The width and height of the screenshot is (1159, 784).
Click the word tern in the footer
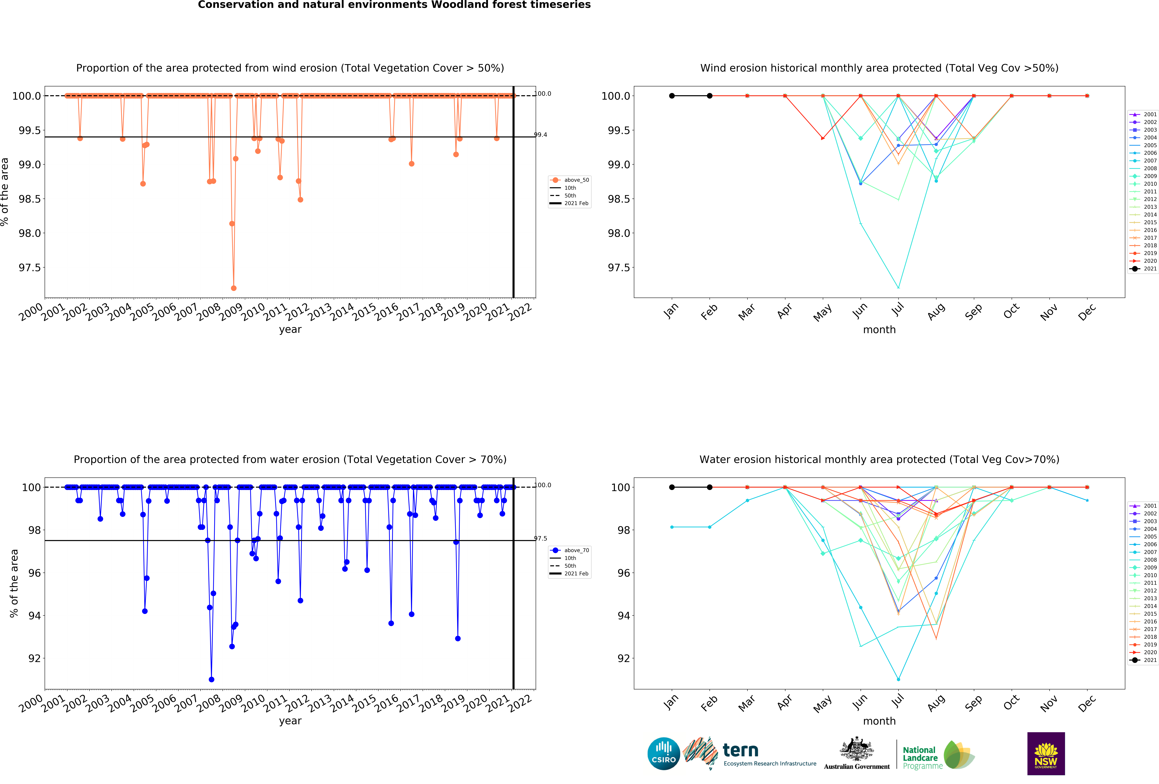coord(741,750)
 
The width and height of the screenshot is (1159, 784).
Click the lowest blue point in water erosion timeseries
coord(211,679)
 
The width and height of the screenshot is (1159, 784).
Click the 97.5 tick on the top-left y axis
coord(29,268)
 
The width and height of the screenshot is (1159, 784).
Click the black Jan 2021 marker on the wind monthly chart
coord(672,96)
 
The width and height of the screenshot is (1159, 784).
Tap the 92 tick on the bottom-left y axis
coord(34,658)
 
